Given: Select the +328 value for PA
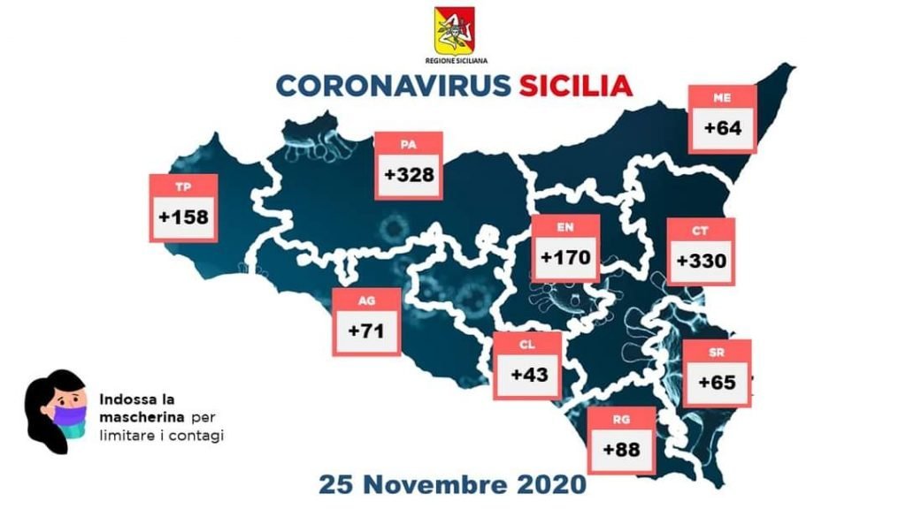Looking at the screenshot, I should [x=409, y=174].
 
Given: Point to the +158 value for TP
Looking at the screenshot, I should [x=184, y=217].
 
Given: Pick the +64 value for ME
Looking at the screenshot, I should [x=723, y=128].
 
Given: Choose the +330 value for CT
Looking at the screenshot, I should [x=700, y=262].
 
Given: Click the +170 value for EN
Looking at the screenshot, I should [x=566, y=259].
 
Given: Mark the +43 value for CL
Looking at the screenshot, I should [x=528, y=374].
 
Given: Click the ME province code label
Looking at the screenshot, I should [x=722, y=97].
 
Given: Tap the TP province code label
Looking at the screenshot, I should [x=183, y=186].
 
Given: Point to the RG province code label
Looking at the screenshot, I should [x=621, y=418].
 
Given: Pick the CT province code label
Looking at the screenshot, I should [x=699, y=231].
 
